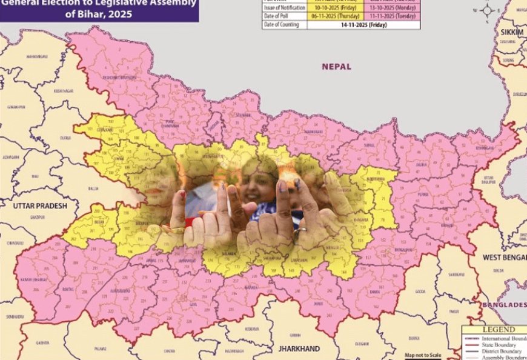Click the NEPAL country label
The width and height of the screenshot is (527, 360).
(x=336, y=67)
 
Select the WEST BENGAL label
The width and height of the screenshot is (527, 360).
(x=504, y=258)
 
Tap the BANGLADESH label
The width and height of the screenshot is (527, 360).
(x=503, y=304)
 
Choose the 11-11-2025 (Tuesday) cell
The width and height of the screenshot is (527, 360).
(x=391, y=16)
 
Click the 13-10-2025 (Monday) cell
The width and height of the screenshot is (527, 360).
(x=391, y=8)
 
